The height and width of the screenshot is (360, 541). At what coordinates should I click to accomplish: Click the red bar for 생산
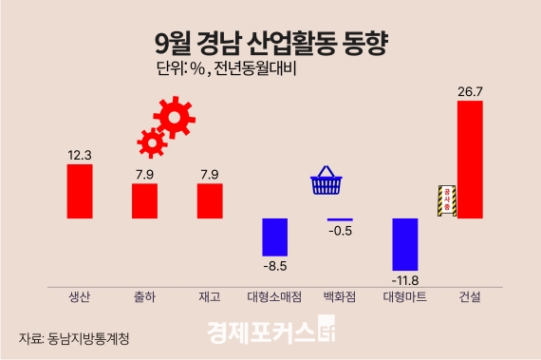[80, 191]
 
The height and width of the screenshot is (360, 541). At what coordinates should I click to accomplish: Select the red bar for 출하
[144, 200]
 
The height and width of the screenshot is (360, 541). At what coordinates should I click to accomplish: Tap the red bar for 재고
[210, 200]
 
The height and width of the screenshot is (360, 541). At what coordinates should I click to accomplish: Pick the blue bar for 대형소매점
[274, 237]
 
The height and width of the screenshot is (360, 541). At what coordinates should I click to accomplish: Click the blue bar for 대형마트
[405, 244]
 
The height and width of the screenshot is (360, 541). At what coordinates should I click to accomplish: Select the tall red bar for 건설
[470, 159]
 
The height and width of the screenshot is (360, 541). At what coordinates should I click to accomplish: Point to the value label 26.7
[470, 91]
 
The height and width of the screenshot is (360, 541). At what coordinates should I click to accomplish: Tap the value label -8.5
[275, 267]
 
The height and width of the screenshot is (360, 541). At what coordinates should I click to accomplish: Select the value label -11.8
[405, 280]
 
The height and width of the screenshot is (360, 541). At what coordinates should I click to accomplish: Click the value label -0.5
[340, 232]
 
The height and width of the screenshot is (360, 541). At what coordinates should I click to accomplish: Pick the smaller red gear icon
[150, 142]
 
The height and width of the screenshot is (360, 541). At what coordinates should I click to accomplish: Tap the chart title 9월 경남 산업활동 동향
[270, 43]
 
